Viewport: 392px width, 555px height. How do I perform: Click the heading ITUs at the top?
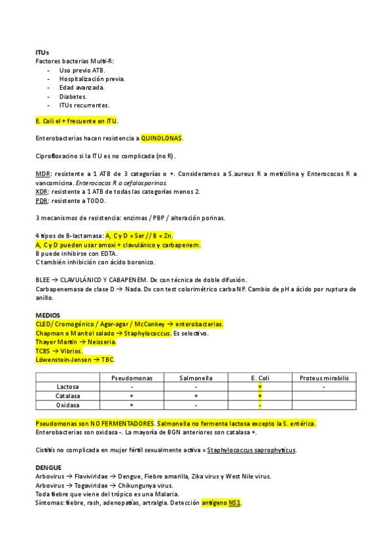pyautogui.click(x=42, y=52)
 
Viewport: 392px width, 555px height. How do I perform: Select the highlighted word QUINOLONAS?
pyautogui.click(x=162, y=139)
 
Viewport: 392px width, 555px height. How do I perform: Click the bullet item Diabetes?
pyautogui.click(x=73, y=96)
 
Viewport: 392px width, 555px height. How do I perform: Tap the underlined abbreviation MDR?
pyautogui.click(x=42, y=174)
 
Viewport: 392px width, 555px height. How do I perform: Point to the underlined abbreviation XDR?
pyautogui.click(x=42, y=191)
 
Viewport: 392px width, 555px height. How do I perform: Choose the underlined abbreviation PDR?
pyautogui.click(x=42, y=200)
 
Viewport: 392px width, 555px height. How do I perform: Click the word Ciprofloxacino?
pyautogui.click(x=58, y=156)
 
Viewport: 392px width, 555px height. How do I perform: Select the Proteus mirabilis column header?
pyautogui.click(x=324, y=378)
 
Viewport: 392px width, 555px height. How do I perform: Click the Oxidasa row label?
pyautogui.click(x=68, y=405)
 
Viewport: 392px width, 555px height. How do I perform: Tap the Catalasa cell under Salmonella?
pyautogui.click(x=196, y=396)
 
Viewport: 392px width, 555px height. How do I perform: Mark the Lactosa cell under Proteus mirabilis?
pyautogui.click(x=324, y=387)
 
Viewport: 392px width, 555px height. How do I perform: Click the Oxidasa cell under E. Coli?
pyautogui.click(x=260, y=405)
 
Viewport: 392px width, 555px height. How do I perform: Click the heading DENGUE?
pyautogui.click(x=48, y=468)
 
